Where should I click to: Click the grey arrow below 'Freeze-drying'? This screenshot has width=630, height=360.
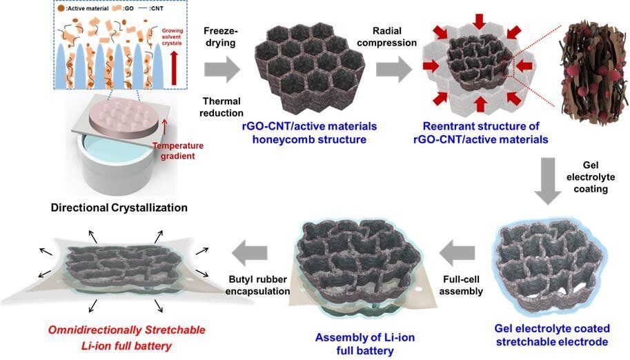pyautogui.click(x=222, y=70)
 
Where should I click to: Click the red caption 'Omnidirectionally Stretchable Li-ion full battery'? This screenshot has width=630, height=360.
pyautogui.click(x=110, y=337)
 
